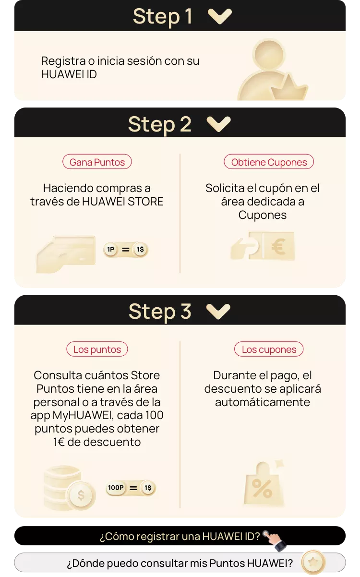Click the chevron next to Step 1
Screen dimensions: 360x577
(220, 16)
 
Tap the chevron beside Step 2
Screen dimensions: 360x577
(218, 124)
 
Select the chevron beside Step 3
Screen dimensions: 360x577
(218, 312)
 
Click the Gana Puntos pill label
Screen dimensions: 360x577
(97, 162)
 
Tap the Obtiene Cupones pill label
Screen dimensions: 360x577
(269, 162)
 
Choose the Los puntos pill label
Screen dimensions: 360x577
(97, 349)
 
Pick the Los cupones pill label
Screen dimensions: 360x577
(269, 349)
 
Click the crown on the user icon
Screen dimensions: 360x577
(289, 88)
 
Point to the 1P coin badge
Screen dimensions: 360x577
(111, 249)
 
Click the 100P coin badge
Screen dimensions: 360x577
(116, 488)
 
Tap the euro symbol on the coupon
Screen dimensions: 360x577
(278, 246)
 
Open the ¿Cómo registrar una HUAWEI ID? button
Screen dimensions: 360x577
(180, 536)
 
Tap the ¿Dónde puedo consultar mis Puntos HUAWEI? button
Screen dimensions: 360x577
(180, 563)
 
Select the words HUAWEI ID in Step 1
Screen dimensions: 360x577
(69, 74)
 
